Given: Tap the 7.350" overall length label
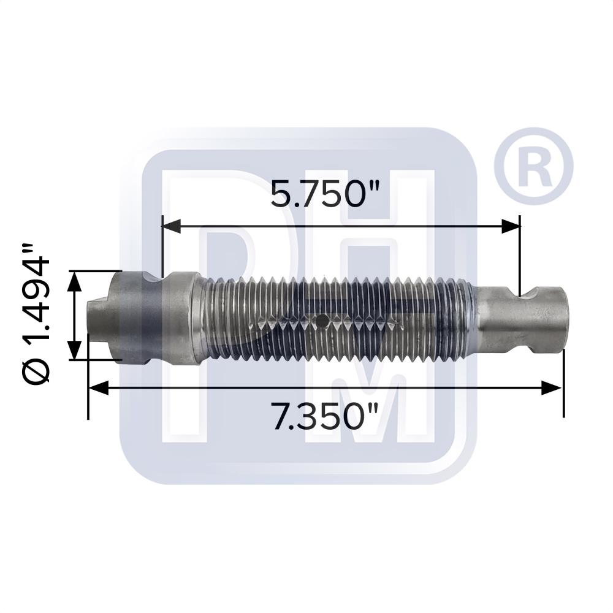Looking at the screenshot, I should click(326, 418).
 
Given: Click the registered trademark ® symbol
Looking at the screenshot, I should click(533, 166).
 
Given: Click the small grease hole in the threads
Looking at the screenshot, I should click(322, 319).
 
